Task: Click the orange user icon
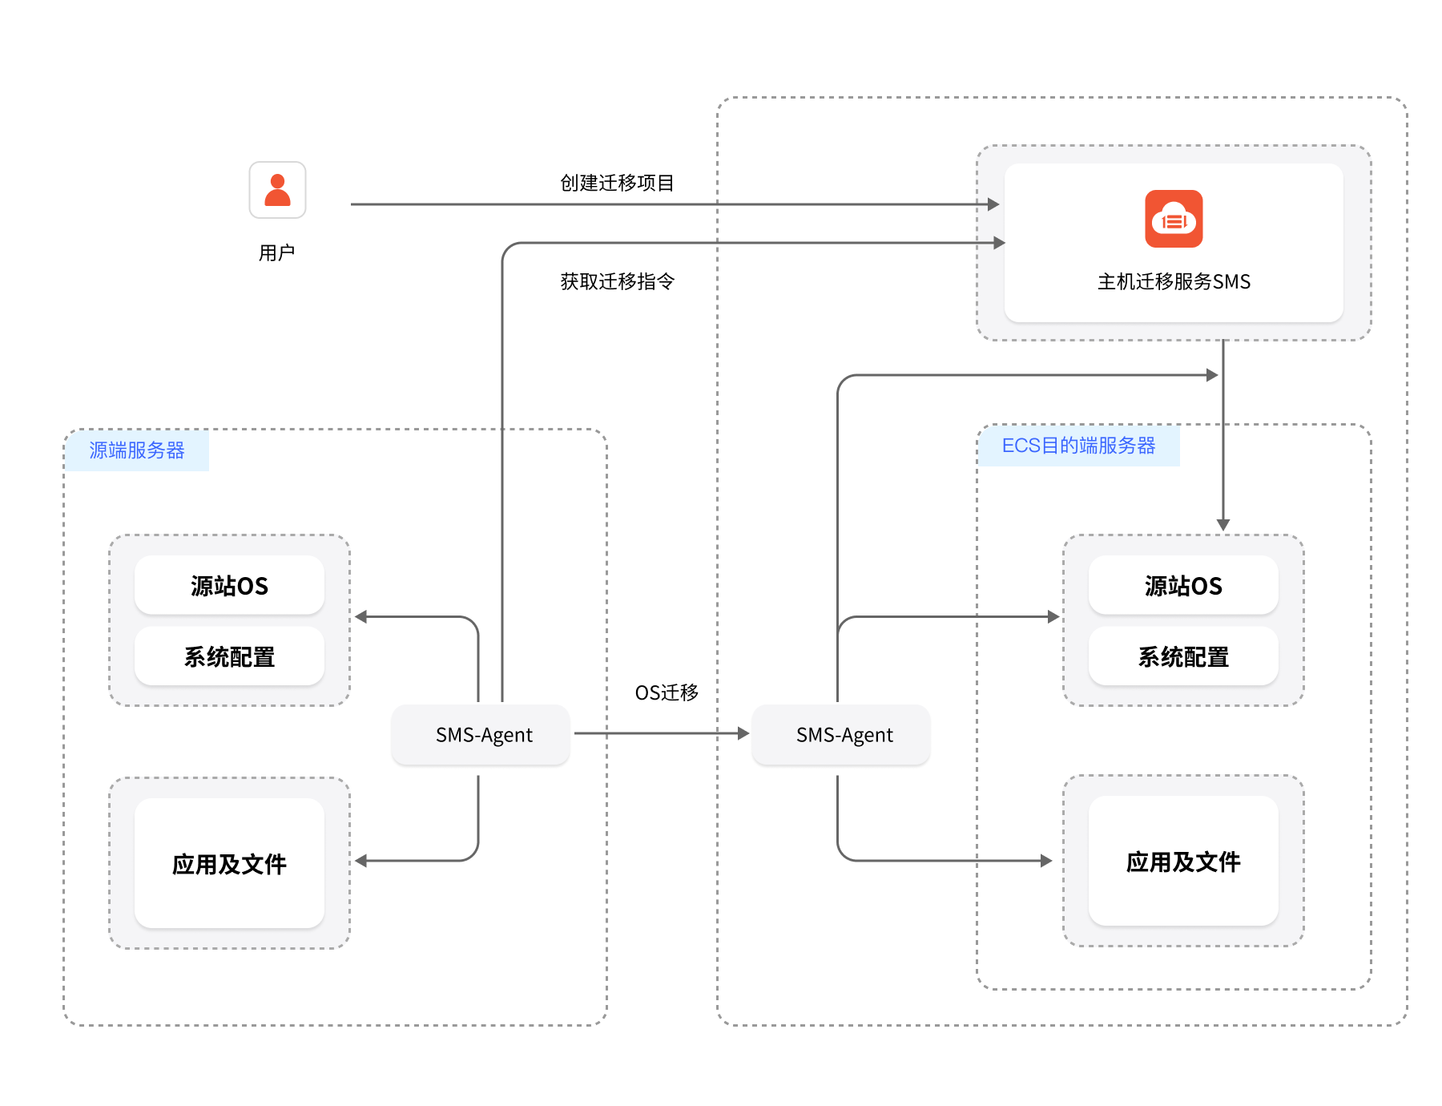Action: coord(277,190)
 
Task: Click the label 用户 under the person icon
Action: coord(277,253)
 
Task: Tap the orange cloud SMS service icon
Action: coord(1174,219)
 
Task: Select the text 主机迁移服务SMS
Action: coord(1174,282)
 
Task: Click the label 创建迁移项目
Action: coord(617,184)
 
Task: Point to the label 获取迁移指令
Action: coord(617,282)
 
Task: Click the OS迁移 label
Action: coord(667,692)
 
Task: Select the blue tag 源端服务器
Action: coord(137,450)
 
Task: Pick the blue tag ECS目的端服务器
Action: coord(1078,446)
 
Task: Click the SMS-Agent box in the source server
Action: coord(484,735)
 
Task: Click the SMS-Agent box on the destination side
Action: coord(844,735)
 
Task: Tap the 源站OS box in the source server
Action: coord(229,586)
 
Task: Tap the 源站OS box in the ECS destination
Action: coord(1183,586)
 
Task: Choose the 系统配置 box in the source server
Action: coord(229,657)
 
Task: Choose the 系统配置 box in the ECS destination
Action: coord(1183,657)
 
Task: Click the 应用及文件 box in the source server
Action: coord(229,864)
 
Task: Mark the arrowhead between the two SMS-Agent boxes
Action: coord(743,733)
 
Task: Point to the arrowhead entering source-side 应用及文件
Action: coord(361,861)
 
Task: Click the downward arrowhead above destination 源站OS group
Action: coord(1223,525)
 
